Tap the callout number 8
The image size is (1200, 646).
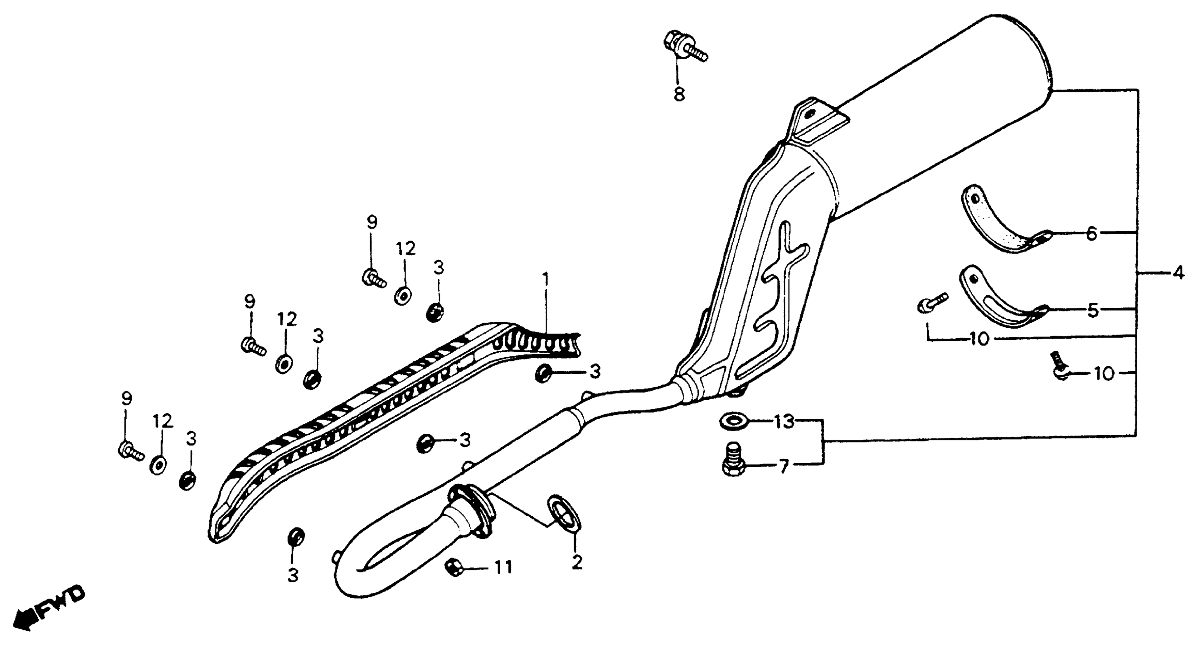[x=679, y=95]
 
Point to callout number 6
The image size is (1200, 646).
[x=1092, y=234]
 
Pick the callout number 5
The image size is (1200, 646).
[x=1092, y=310]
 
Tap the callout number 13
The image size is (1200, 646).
[x=784, y=422]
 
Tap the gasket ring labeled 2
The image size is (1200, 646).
[x=564, y=513]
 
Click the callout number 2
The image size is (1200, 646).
[x=577, y=563]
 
